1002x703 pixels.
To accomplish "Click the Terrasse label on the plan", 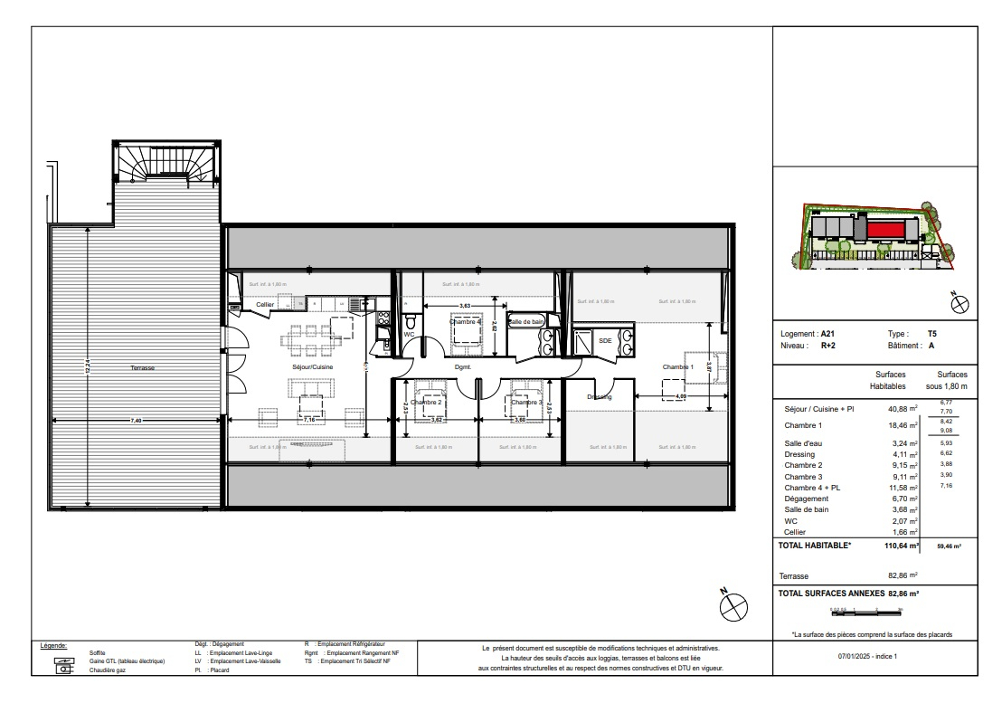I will point(142,368).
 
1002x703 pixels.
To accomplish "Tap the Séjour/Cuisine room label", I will point(310,367).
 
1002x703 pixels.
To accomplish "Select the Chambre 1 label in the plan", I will point(677,366).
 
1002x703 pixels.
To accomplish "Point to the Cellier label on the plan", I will point(264,305).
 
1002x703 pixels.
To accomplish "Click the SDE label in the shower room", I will point(605,341).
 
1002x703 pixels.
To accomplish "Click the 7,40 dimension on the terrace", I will point(135,421).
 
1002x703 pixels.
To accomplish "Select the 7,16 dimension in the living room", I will point(308,420).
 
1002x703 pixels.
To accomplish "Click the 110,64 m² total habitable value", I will point(901,546).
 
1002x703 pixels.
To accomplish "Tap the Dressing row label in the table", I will point(800,454).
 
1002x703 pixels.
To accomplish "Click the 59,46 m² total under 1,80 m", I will point(948,546).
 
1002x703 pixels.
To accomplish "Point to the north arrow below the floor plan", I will point(733,603).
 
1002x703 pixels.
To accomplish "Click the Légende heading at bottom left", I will point(55,646).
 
